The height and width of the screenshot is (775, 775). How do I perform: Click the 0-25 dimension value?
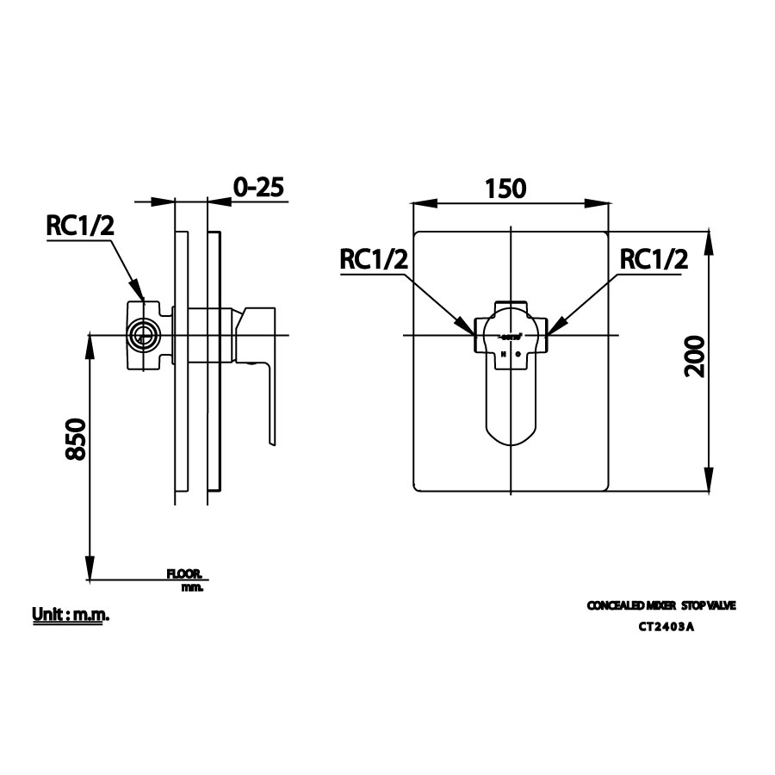[x=258, y=187]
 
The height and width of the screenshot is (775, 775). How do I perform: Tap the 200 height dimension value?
[x=695, y=356]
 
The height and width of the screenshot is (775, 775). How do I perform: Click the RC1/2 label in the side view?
[x=79, y=225]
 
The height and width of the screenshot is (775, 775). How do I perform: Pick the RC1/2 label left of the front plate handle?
[x=374, y=259]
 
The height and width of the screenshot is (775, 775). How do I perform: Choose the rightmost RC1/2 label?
[x=654, y=259]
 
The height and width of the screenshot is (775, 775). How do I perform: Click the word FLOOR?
[x=184, y=573]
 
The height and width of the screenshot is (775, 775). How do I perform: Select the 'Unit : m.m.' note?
[x=71, y=615]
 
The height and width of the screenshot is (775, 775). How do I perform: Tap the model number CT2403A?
[x=666, y=627]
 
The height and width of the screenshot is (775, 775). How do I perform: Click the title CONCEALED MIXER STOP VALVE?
[x=661, y=606]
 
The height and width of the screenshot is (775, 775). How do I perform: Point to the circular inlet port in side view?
[x=144, y=335]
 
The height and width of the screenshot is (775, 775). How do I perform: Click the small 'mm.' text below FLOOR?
[x=192, y=587]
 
